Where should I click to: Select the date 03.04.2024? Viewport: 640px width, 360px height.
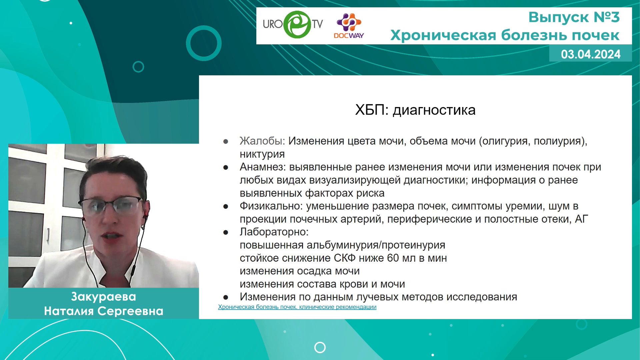pyautogui.click(x=591, y=54)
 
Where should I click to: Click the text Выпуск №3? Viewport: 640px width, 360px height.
pyautogui.click(x=574, y=17)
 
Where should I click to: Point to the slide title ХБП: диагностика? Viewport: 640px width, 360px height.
pyautogui.click(x=415, y=110)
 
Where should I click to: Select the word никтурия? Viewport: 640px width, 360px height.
pyautogui.click(x=262, y=154)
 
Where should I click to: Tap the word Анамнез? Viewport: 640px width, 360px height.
pyautogui.click(x=263, y=167)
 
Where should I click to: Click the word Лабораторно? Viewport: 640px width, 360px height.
pyautogui.click(x=274, y=232)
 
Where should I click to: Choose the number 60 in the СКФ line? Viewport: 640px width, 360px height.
pyautogui.click(x=393, y=258)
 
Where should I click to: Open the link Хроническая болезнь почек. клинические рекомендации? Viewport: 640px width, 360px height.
pyautogui.click(x=297, y=307)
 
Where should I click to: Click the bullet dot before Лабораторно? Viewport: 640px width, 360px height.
pyautogui.click(x=226, y=232)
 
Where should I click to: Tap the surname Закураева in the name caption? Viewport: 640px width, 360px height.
pyautogui.click(x=104, y=297)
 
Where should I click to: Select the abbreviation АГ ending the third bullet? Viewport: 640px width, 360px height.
pyautogui.click(x=582, y=219)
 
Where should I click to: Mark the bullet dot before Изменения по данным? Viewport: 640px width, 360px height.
pyautogui.click(x=226, y=297)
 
